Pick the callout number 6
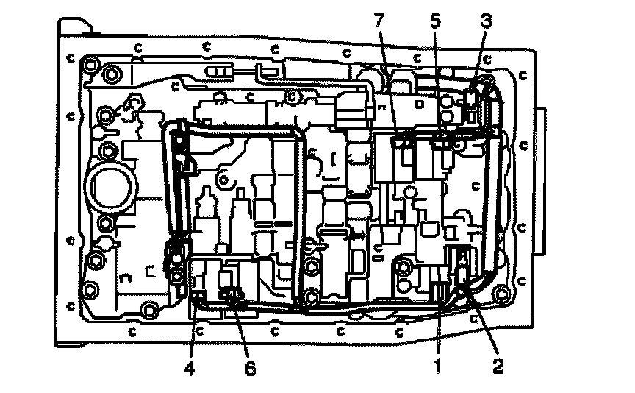pyautogui.click(x=251, y=368)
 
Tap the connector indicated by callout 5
pyautogui.click(x=442, y=140)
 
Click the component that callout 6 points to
pyautogui.click(x=231, y=297)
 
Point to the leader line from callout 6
pyautogui.click(x=241, y=331)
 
